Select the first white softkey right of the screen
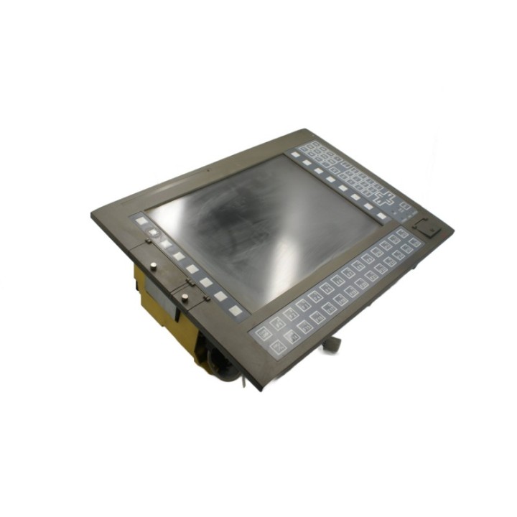tap(295, 154)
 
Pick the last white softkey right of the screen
tap(368, 207)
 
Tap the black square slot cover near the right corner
tap(429, 226)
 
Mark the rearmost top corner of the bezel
tap(306, 131)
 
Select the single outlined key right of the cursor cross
tap(406, 205)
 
